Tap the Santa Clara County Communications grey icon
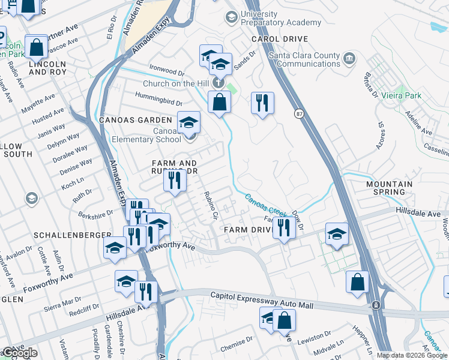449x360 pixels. pyautogui.click(x=349, y=58)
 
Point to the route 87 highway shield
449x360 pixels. pyautogui.click(x=299, y=113)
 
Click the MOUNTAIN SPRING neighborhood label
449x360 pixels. pyautogui.click(x=388, y=188)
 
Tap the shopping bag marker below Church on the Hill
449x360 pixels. pyautogui.click(x=220, y=101)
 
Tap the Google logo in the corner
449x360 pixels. pyautogui.click(x=19, y=353)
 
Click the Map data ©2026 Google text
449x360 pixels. pyautogui.click(x=412, y=355)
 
